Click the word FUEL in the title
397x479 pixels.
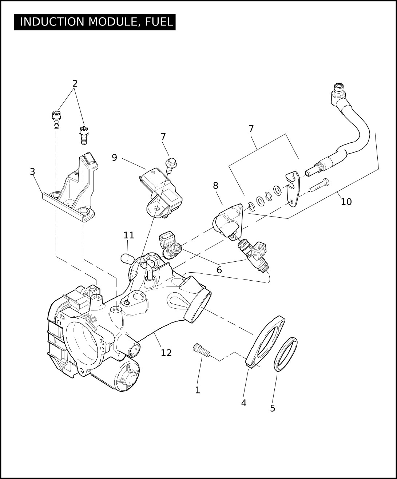[159, 22]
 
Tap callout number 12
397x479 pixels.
[166, 353]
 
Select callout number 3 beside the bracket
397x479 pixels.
[32, 171]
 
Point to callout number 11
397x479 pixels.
[129, 235]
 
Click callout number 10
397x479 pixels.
[346, 202]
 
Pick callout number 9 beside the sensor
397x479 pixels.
[115, 158]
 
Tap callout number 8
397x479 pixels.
[215, 186]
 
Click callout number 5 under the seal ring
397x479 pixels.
[273, 408]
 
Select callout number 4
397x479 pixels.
[244, 403]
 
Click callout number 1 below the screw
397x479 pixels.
[198, 390]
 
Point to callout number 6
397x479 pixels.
[219, 270]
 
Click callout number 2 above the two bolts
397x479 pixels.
[75, 84]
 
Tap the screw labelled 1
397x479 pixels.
[201, 350]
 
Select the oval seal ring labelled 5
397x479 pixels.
[285, 354]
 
